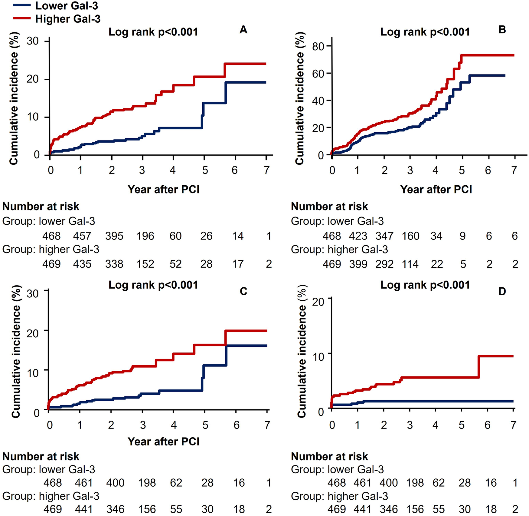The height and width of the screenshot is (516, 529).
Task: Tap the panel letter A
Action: pos(243,30)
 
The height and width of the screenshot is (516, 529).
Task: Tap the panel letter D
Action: pos(502,291)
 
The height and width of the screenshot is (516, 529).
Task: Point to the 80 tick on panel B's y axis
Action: pos(318,46)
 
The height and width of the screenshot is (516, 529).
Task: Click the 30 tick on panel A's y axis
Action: pos(33,41)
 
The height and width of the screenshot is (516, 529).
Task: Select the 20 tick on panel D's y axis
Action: pos(318,302)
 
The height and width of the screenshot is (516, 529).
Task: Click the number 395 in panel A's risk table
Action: pos(114,236)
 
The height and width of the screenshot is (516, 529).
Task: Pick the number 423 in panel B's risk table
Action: pos(358,236)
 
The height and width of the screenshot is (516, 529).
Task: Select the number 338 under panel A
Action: pos(114,264)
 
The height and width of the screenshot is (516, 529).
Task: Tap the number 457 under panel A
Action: pos(82,236)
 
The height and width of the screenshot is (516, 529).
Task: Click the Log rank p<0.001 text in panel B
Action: pos(425,32)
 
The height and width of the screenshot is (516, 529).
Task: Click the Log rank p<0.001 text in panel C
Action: pos(153,285)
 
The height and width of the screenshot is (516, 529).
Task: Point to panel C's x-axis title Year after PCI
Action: pos(163,442)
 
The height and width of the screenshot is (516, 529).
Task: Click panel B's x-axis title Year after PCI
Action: pos(436,189)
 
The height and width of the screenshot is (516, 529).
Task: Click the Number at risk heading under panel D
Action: pos(329,456)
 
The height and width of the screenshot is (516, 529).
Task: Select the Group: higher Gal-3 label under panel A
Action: pos(51,249)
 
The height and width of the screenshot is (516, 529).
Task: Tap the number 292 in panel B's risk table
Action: pos(384,264)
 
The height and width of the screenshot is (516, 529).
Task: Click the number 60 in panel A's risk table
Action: pos(175,236)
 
